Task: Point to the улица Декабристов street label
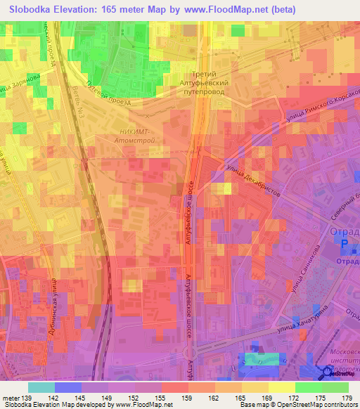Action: [x=254, y=181]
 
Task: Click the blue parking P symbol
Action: [x=345, y=244]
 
